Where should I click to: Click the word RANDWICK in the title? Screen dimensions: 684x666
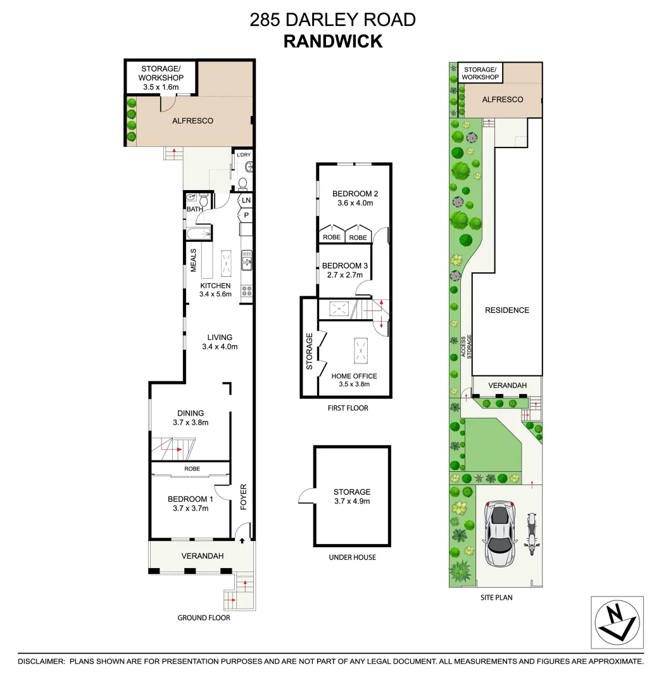coord(333,41)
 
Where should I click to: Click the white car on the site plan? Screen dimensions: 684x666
coord(499,534)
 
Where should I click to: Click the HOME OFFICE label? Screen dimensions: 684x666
coord(354,376)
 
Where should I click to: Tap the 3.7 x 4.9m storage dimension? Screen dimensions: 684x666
coord(352,501)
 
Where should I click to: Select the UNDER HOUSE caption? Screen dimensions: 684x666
coord(352,557)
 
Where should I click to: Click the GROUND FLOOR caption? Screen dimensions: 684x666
coord(204,617)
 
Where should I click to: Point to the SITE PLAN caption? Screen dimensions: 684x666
coord(496,597)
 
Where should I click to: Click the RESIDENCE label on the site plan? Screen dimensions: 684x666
coord(506,310)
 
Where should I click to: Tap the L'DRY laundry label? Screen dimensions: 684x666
coord(243,155)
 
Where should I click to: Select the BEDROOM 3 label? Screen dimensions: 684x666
coord(344,266)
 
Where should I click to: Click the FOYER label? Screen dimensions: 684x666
coord(243,497)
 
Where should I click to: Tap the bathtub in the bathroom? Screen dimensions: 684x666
coord(198,235)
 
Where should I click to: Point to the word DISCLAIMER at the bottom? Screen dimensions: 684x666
coord(41,661)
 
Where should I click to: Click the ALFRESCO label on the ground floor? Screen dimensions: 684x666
coord(192,121)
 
